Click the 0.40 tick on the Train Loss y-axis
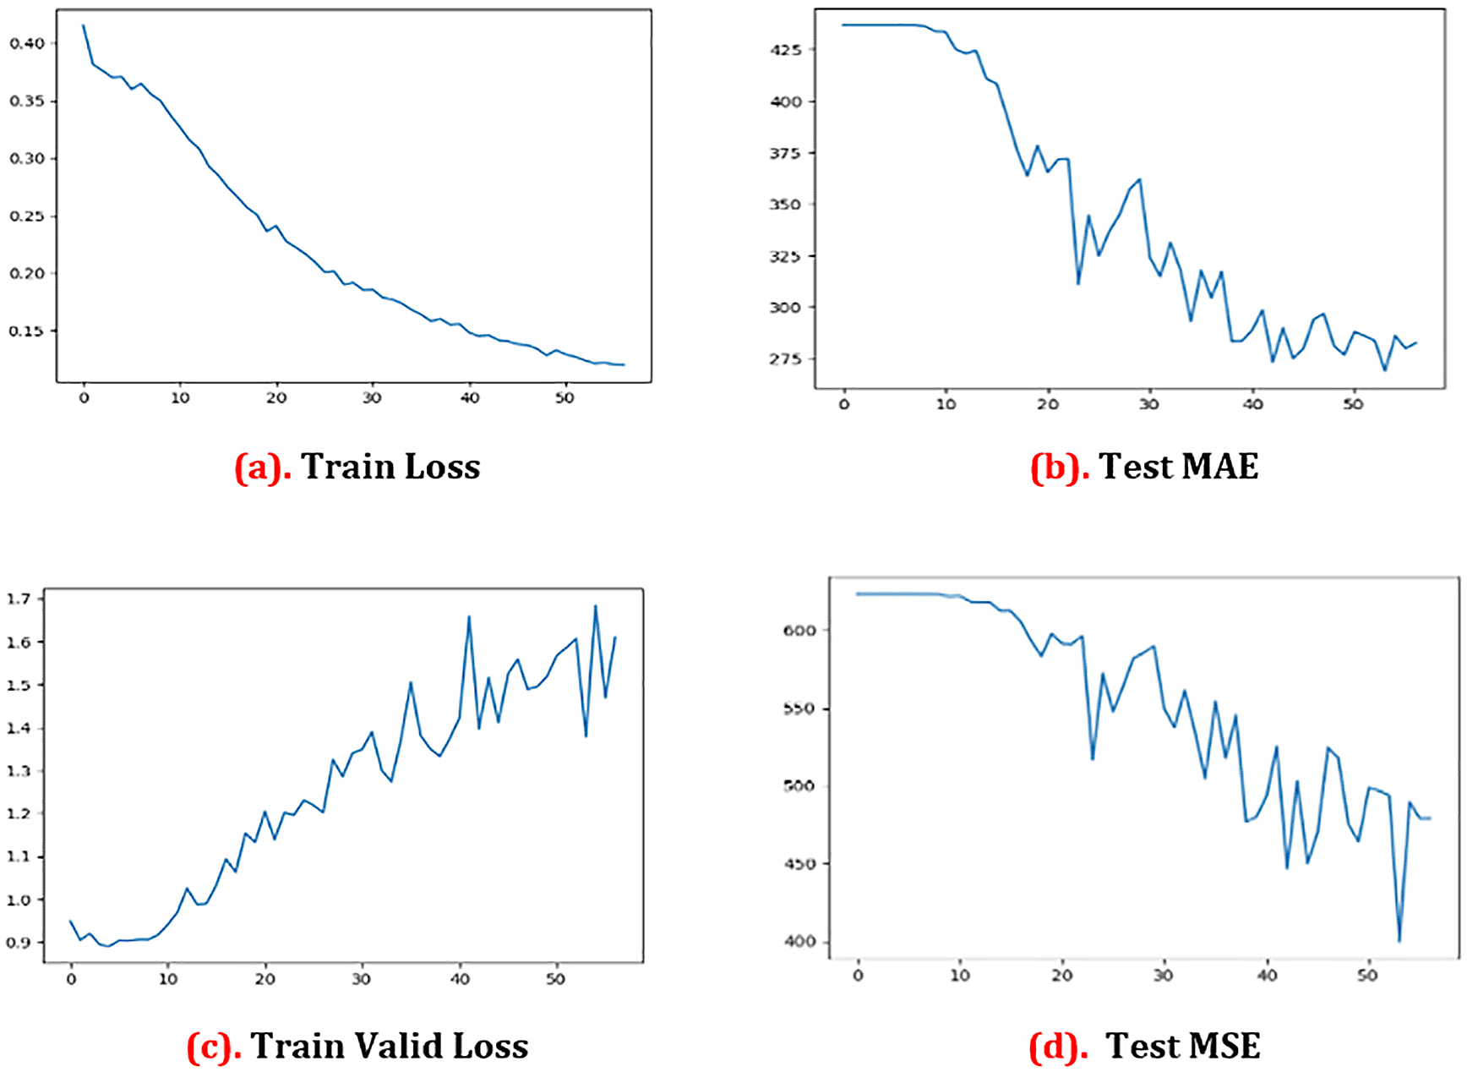coord(27,43)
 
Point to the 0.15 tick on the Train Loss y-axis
coord(27,331)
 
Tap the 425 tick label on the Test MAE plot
coord(785,50)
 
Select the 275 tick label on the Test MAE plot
coord(785,359)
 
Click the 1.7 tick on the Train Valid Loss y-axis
coord(19,599)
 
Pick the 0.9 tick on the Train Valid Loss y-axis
coord(19,943)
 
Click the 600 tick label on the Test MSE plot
coord(799,631)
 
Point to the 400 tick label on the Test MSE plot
coord(799,942)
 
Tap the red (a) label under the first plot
coord(263,468)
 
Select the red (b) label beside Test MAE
coord(1060,468)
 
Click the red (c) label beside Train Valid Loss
coord(215,1047)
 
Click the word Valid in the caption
coord(397,1047)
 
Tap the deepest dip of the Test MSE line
coord(1399,941)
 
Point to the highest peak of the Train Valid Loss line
coord(596,605)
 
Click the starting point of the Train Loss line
coord(83,25)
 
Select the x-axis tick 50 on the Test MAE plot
coord(1353,404)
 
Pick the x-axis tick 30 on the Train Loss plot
coord(372,398)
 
